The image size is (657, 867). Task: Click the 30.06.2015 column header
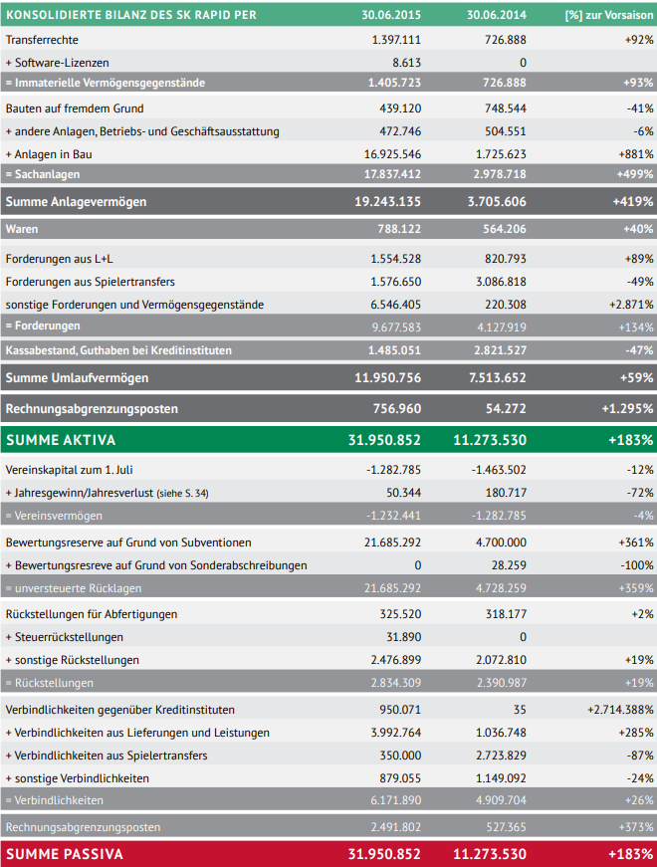pos(391,15)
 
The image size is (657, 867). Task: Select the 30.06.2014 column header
pos(496,15)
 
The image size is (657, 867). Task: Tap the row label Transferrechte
pos(42,40)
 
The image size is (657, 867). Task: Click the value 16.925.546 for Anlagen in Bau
pos(392,154)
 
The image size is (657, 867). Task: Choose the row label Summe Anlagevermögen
pos(77,202)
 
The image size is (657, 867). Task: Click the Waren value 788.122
pos(399,229)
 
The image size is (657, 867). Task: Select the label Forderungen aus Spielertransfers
pos(91,282)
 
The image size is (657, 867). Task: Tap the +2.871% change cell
pos(631,305)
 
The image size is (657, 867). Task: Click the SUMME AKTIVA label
pos(61,440)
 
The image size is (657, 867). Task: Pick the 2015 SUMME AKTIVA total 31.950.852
pos(384,440)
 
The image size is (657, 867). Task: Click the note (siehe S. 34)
pos(182,493)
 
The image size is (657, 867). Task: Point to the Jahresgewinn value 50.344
pos(403,493)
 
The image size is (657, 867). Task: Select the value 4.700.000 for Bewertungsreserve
pos(501,542)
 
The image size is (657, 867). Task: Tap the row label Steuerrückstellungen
pos(64,637)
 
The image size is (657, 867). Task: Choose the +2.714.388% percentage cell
pos(620,710)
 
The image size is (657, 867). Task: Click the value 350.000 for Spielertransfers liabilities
pos(400,756)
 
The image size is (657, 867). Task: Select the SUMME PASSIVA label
pos(64,854)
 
